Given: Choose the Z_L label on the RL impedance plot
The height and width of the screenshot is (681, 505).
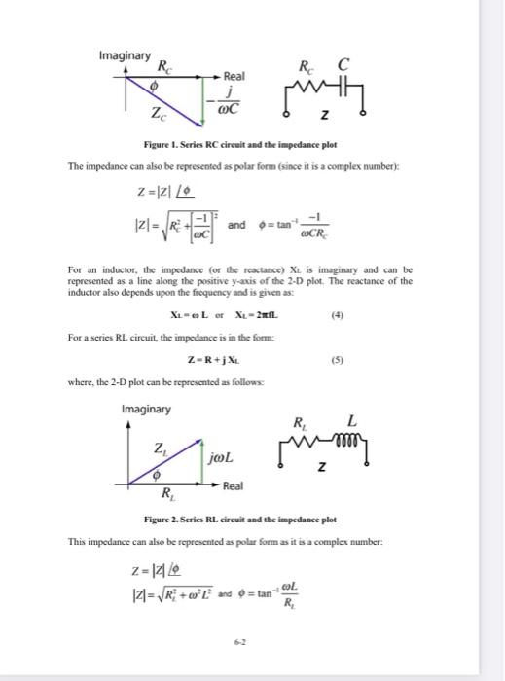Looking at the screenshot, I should pyautogui.click(x=158, y=448).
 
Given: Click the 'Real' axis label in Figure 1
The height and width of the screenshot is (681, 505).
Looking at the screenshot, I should pyautogui.click(x=234, y=75).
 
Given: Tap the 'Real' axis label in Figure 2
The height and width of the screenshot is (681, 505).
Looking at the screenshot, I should pyautogui.click(x=234, y=484).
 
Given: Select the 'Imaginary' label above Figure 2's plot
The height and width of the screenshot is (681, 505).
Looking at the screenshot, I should pyautogui.click(x=147, y=409).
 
